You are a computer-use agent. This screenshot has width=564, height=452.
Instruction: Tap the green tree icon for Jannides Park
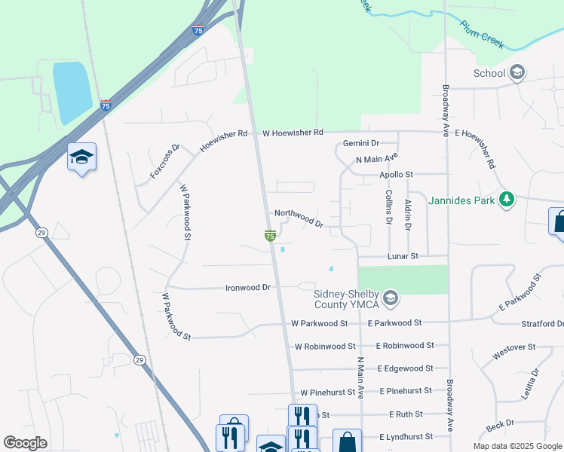(x=508, y=200)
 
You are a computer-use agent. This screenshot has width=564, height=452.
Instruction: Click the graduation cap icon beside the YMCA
(x=390, y=299)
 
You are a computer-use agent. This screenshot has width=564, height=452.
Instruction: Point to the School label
(x=489, y=73)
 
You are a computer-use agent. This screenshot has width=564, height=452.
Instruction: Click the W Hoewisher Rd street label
(x=293, y=133)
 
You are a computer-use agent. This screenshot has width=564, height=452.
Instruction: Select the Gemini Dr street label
(x=360, y=143)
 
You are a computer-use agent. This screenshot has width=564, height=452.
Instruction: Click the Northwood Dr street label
(x=299, y=218)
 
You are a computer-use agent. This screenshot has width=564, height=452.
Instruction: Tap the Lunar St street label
(x=403, y=257)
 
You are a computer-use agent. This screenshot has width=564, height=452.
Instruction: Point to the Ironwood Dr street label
(x=248, y=288)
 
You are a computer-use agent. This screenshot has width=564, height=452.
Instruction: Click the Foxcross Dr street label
(x=165, y=161)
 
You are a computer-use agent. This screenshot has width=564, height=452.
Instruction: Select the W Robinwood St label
(x=324, y=347)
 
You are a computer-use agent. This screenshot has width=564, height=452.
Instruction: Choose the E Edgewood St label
(x=406, y=368)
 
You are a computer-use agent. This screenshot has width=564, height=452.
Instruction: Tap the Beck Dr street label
(x=500, y=426)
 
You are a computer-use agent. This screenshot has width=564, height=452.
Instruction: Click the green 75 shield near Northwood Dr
(x=269, y=236)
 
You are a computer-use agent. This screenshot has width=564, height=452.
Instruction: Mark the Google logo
(x=25, y=443)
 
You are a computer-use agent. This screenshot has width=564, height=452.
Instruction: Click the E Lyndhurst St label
(x=406, y=437)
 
